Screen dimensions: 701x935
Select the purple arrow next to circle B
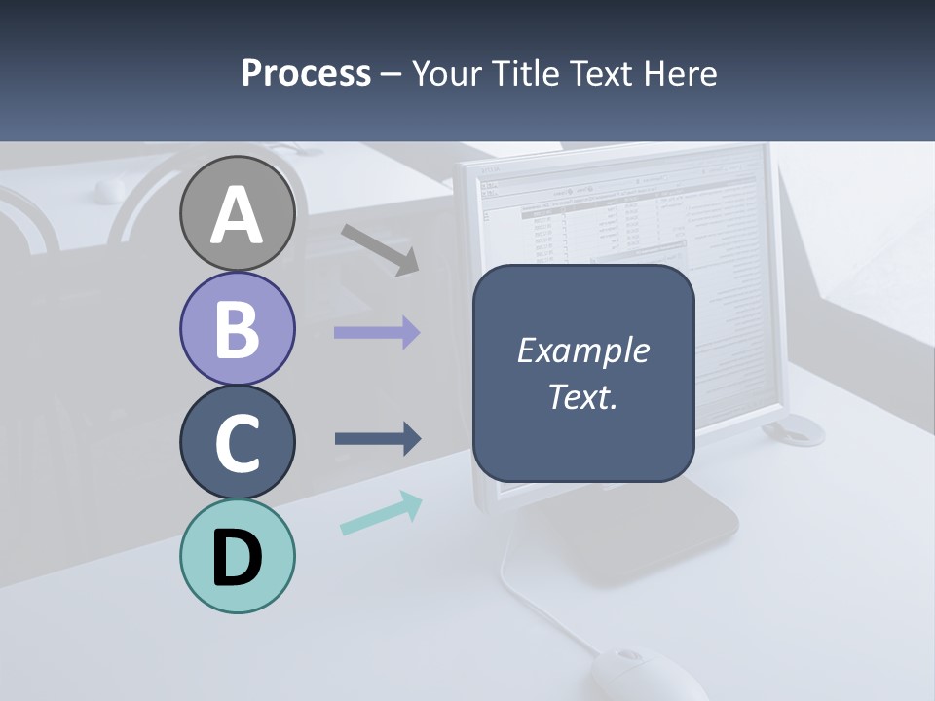click(377, 333)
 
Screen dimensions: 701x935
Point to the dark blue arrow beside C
click(378, 439)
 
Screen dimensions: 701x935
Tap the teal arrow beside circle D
click(381, 514)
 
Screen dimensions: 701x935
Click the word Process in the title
click(306, 73)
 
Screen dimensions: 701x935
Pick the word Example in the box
click(582, 350)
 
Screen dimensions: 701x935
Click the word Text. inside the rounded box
click(582, 396)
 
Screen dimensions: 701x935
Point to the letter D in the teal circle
click(237, 558)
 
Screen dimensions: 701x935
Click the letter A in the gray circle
click(237, 215)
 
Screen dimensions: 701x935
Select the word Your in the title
click(446, 73)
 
